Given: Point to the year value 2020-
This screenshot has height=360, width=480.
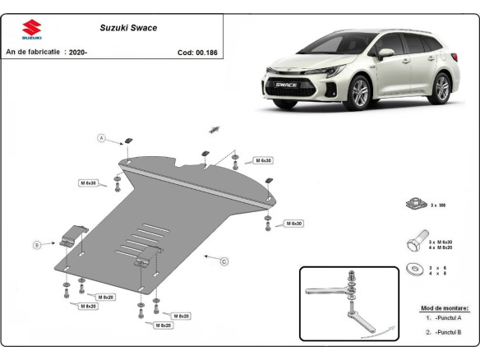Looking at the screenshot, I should (79, 52).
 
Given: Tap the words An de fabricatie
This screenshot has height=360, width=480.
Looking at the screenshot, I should (33, 52).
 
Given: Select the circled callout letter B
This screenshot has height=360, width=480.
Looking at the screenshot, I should (36, 244).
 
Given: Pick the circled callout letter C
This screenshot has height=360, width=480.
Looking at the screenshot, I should (224, 261).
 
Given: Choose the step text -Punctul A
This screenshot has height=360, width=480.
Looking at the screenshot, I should (447, 317).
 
